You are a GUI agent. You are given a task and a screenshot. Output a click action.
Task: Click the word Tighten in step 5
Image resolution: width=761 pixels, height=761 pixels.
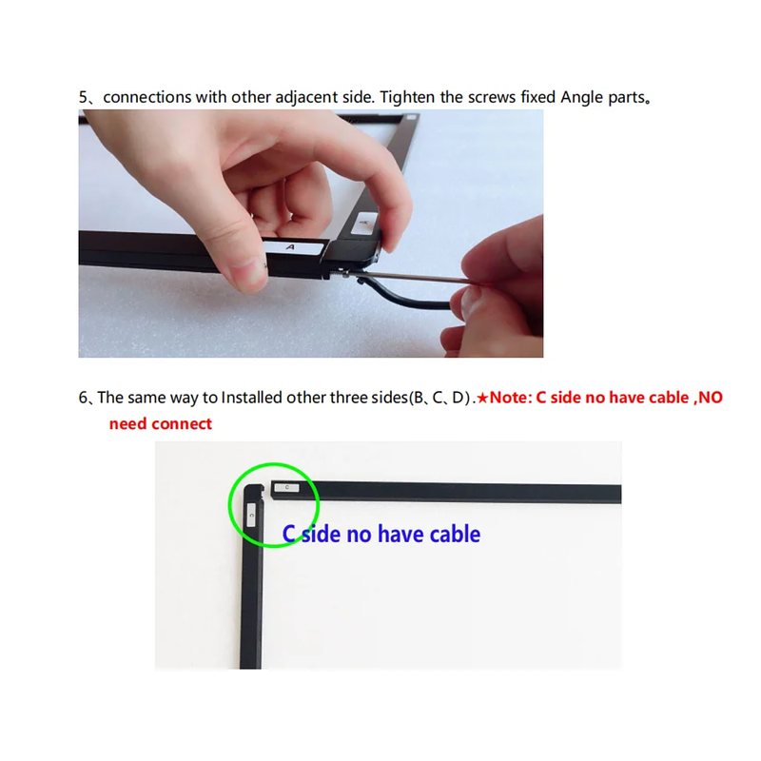[x=408, y=98]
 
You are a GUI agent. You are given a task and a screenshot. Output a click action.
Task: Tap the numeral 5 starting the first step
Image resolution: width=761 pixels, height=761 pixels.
[x=83, y=98]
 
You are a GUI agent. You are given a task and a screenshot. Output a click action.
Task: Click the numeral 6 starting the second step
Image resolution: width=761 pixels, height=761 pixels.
[x=83, y=398]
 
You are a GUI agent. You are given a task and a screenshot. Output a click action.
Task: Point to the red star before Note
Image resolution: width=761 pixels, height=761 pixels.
[x=482, y=398]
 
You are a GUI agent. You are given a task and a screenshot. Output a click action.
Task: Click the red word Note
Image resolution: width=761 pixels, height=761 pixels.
[x=508, y=398]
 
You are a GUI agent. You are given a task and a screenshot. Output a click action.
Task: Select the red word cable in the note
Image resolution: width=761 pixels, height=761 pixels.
[x=669, y=398]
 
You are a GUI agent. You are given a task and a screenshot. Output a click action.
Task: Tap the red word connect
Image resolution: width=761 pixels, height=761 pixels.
[x=183, y=424]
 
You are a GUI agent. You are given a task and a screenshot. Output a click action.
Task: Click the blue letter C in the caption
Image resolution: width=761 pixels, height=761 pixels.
[x=289, y=534]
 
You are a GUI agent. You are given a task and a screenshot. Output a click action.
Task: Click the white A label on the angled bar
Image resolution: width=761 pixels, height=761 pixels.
[x=364, y=223]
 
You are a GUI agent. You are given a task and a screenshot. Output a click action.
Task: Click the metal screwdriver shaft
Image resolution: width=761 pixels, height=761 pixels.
[x=413, y=278]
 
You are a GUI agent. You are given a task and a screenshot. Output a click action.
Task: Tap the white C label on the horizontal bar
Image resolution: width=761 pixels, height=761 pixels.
[x=287, y=487]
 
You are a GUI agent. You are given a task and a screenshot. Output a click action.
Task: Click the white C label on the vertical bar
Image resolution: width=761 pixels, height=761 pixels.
[x=251, y=515]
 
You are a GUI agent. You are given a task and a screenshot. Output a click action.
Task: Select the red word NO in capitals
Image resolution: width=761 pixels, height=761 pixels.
[x=711, y=398]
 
